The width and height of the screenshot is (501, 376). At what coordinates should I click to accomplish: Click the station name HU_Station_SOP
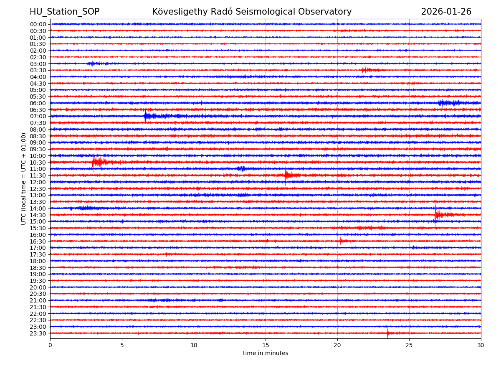click(64, 12)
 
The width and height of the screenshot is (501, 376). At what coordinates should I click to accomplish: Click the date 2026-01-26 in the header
click(446, 12)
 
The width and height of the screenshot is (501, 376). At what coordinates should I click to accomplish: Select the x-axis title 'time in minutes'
click(266, 353)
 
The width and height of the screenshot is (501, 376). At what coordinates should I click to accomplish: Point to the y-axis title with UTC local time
click(24, 178)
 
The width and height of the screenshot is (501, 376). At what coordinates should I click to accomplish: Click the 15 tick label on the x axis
click(266, 345)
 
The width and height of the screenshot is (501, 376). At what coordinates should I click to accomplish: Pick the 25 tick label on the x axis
click(409, 345)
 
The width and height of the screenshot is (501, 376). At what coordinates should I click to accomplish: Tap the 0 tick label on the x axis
click(50, 345)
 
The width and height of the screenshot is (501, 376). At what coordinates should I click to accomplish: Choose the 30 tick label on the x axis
click(481, 345)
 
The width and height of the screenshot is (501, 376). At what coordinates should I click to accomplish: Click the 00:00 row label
click(38, 24)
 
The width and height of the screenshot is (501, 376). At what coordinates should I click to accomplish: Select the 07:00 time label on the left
click(38, 116)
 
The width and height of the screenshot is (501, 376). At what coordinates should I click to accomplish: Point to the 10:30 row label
click(38, 163)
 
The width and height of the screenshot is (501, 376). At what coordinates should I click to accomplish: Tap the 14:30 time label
click(38, 215)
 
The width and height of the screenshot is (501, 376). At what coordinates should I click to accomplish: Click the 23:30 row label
click(38, 333)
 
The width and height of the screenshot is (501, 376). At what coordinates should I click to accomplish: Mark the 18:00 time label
click(38, 261)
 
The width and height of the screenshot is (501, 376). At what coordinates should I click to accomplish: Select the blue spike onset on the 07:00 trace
click(145, 116)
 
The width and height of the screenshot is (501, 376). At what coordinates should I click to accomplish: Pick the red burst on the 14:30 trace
click(438, 214)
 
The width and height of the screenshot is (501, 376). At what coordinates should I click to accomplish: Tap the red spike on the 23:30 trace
click(387, 333)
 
